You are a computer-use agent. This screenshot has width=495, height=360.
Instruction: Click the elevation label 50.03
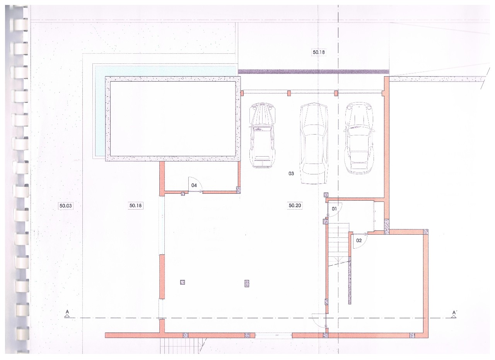(x=66, y=206)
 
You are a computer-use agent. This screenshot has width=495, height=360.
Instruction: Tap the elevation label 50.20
(x=295, y=206)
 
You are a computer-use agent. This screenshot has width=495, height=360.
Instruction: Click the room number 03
(x=291, y=174)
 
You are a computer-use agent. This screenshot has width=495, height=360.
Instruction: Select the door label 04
(x=194, y=185)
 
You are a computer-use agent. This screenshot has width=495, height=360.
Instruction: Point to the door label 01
(x=334, y=209)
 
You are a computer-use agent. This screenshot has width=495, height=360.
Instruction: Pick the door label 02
(x=359, y=241)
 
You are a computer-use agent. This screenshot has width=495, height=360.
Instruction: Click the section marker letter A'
(x=454, y=312)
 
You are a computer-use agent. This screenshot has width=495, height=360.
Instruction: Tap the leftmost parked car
(x=262, y=135)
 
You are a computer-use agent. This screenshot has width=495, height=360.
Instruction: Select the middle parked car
(x=314, y=143)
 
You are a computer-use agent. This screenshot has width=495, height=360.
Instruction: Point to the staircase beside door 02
(x=338, y=245)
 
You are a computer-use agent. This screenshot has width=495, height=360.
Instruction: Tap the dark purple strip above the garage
(x=314, y=72)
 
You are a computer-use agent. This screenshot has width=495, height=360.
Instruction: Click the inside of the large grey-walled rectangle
(x=173, y=119)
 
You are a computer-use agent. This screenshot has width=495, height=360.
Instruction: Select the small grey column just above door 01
(x=326, y=195)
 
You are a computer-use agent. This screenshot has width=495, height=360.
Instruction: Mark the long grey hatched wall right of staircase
(x=350, y=280)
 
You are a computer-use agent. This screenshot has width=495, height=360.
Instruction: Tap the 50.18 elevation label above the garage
(x=319, y=52)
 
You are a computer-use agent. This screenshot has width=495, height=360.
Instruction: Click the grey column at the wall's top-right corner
(x=426, y=232)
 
